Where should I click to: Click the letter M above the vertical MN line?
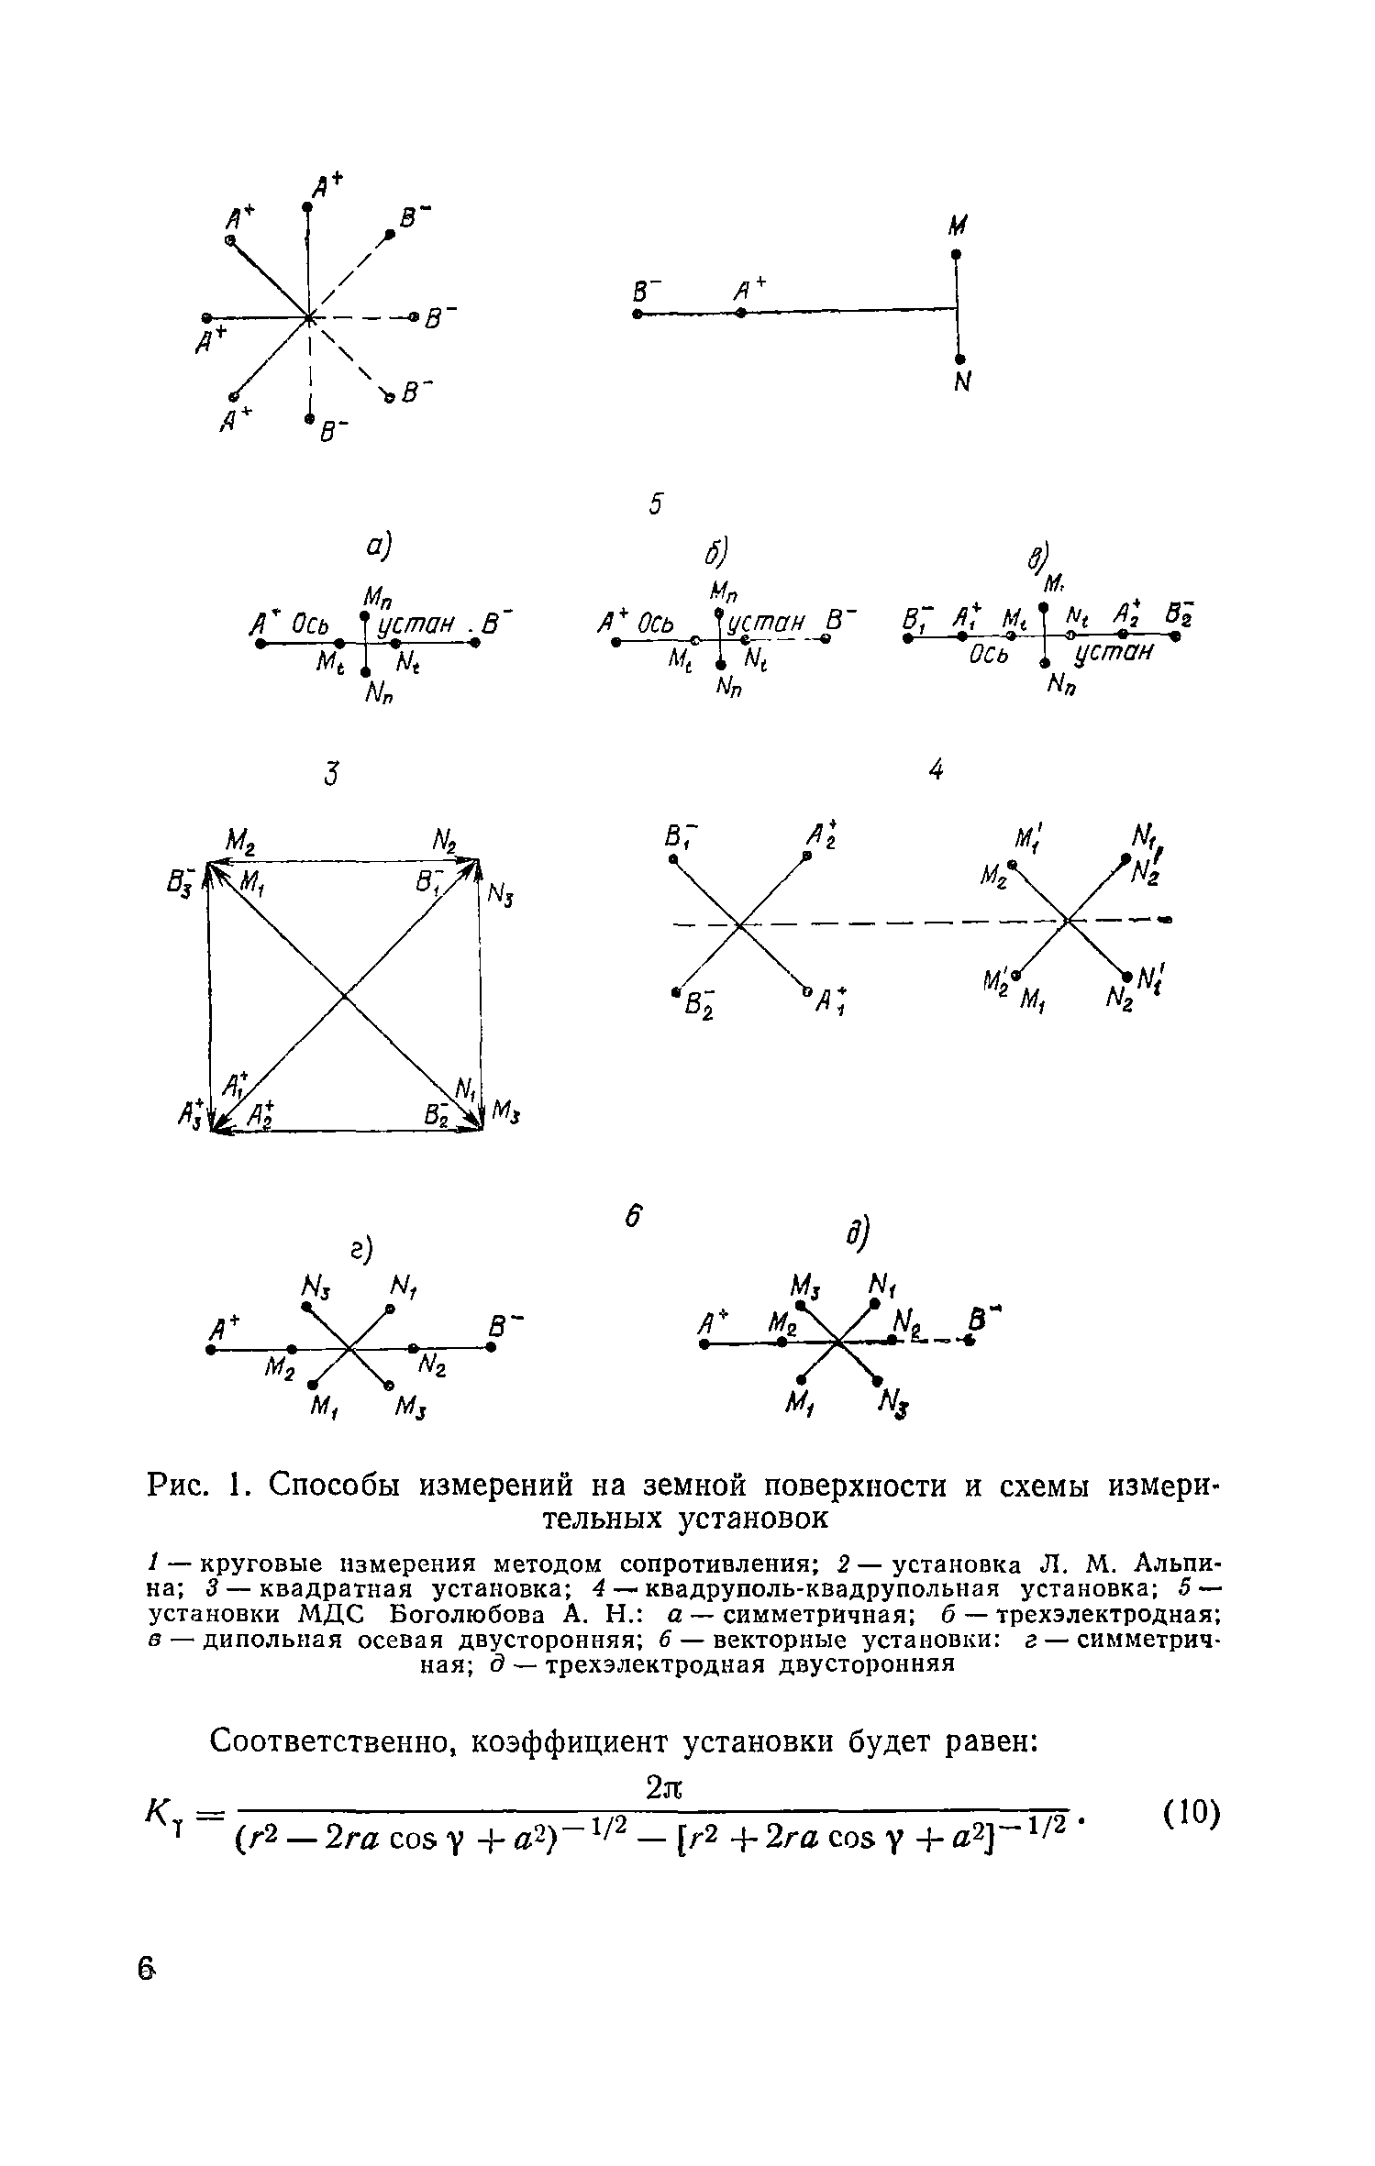959,226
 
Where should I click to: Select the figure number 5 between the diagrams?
655,503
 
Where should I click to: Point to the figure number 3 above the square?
330,775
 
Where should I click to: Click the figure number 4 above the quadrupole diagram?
936,771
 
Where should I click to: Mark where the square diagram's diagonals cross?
345,995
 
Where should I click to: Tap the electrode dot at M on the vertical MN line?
956,253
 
